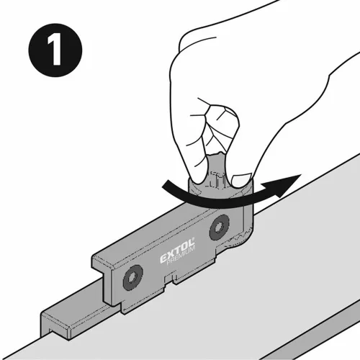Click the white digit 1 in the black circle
(x=55, y=50)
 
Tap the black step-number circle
(x=55, y=50)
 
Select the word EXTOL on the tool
(x=177, y=251)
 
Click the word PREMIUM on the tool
(x=181, y=256)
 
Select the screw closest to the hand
(x=219, y=227)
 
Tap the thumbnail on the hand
(x=240, y=177)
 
